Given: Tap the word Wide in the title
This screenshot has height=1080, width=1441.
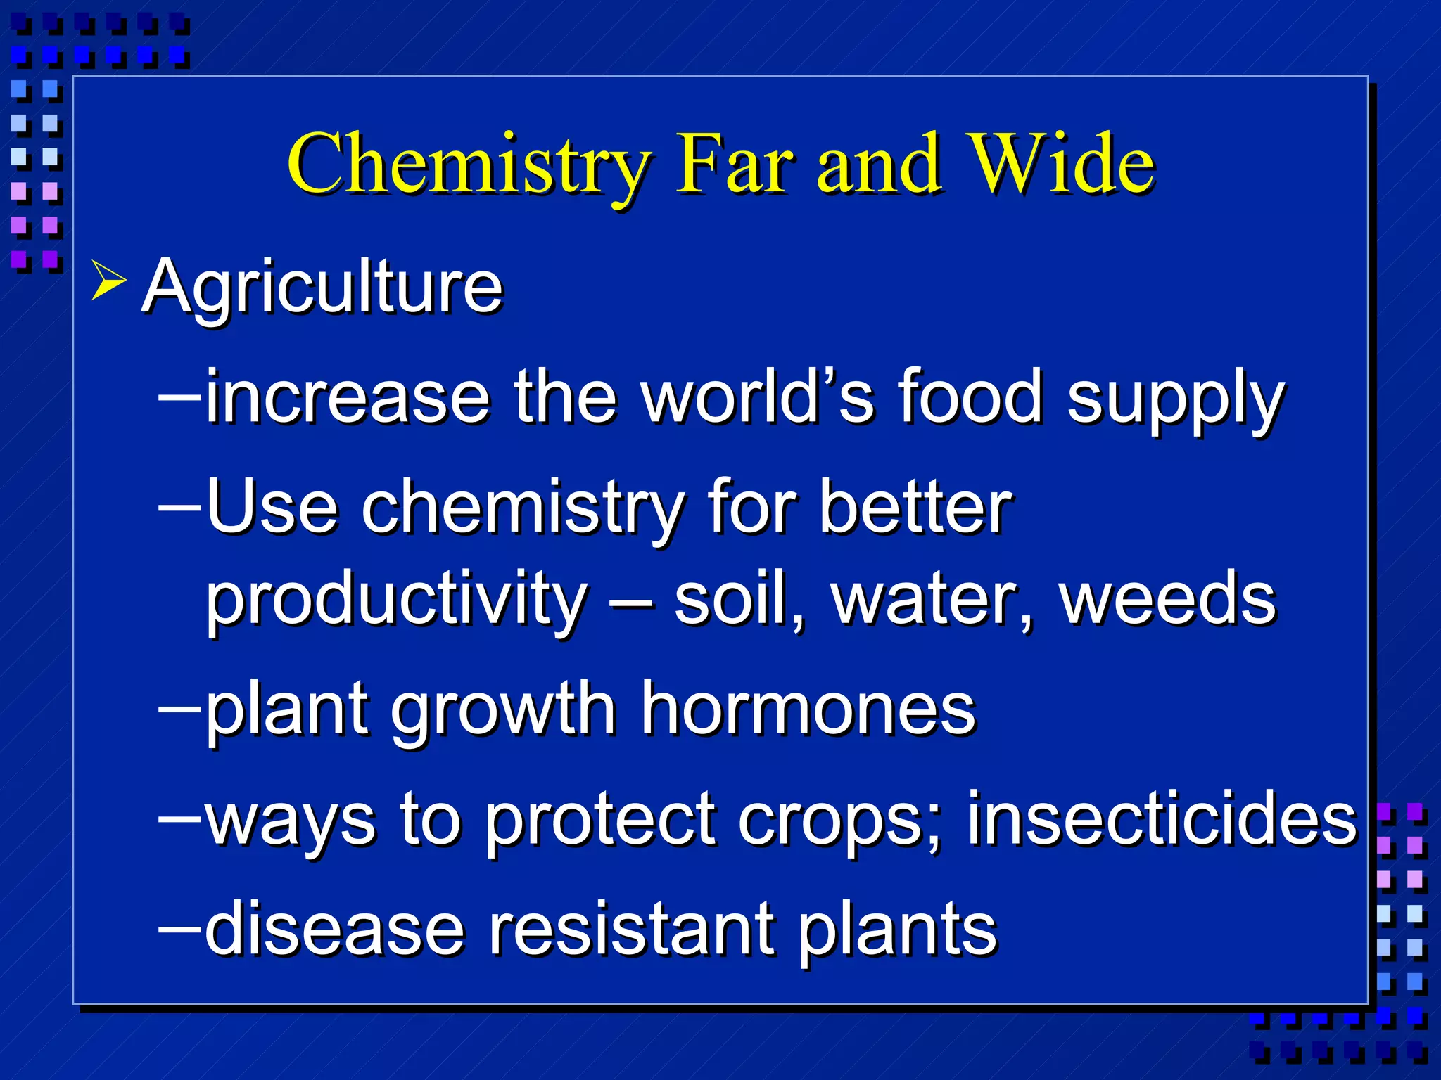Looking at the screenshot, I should tap(1061, 163).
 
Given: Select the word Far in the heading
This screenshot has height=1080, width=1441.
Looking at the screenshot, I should tap(735, 163).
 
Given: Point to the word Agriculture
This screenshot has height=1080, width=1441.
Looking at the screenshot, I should tap(322, 287).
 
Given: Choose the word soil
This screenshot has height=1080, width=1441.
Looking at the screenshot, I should tap(738, 599).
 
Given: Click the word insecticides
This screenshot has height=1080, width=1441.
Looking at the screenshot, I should tap(1161, 819).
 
